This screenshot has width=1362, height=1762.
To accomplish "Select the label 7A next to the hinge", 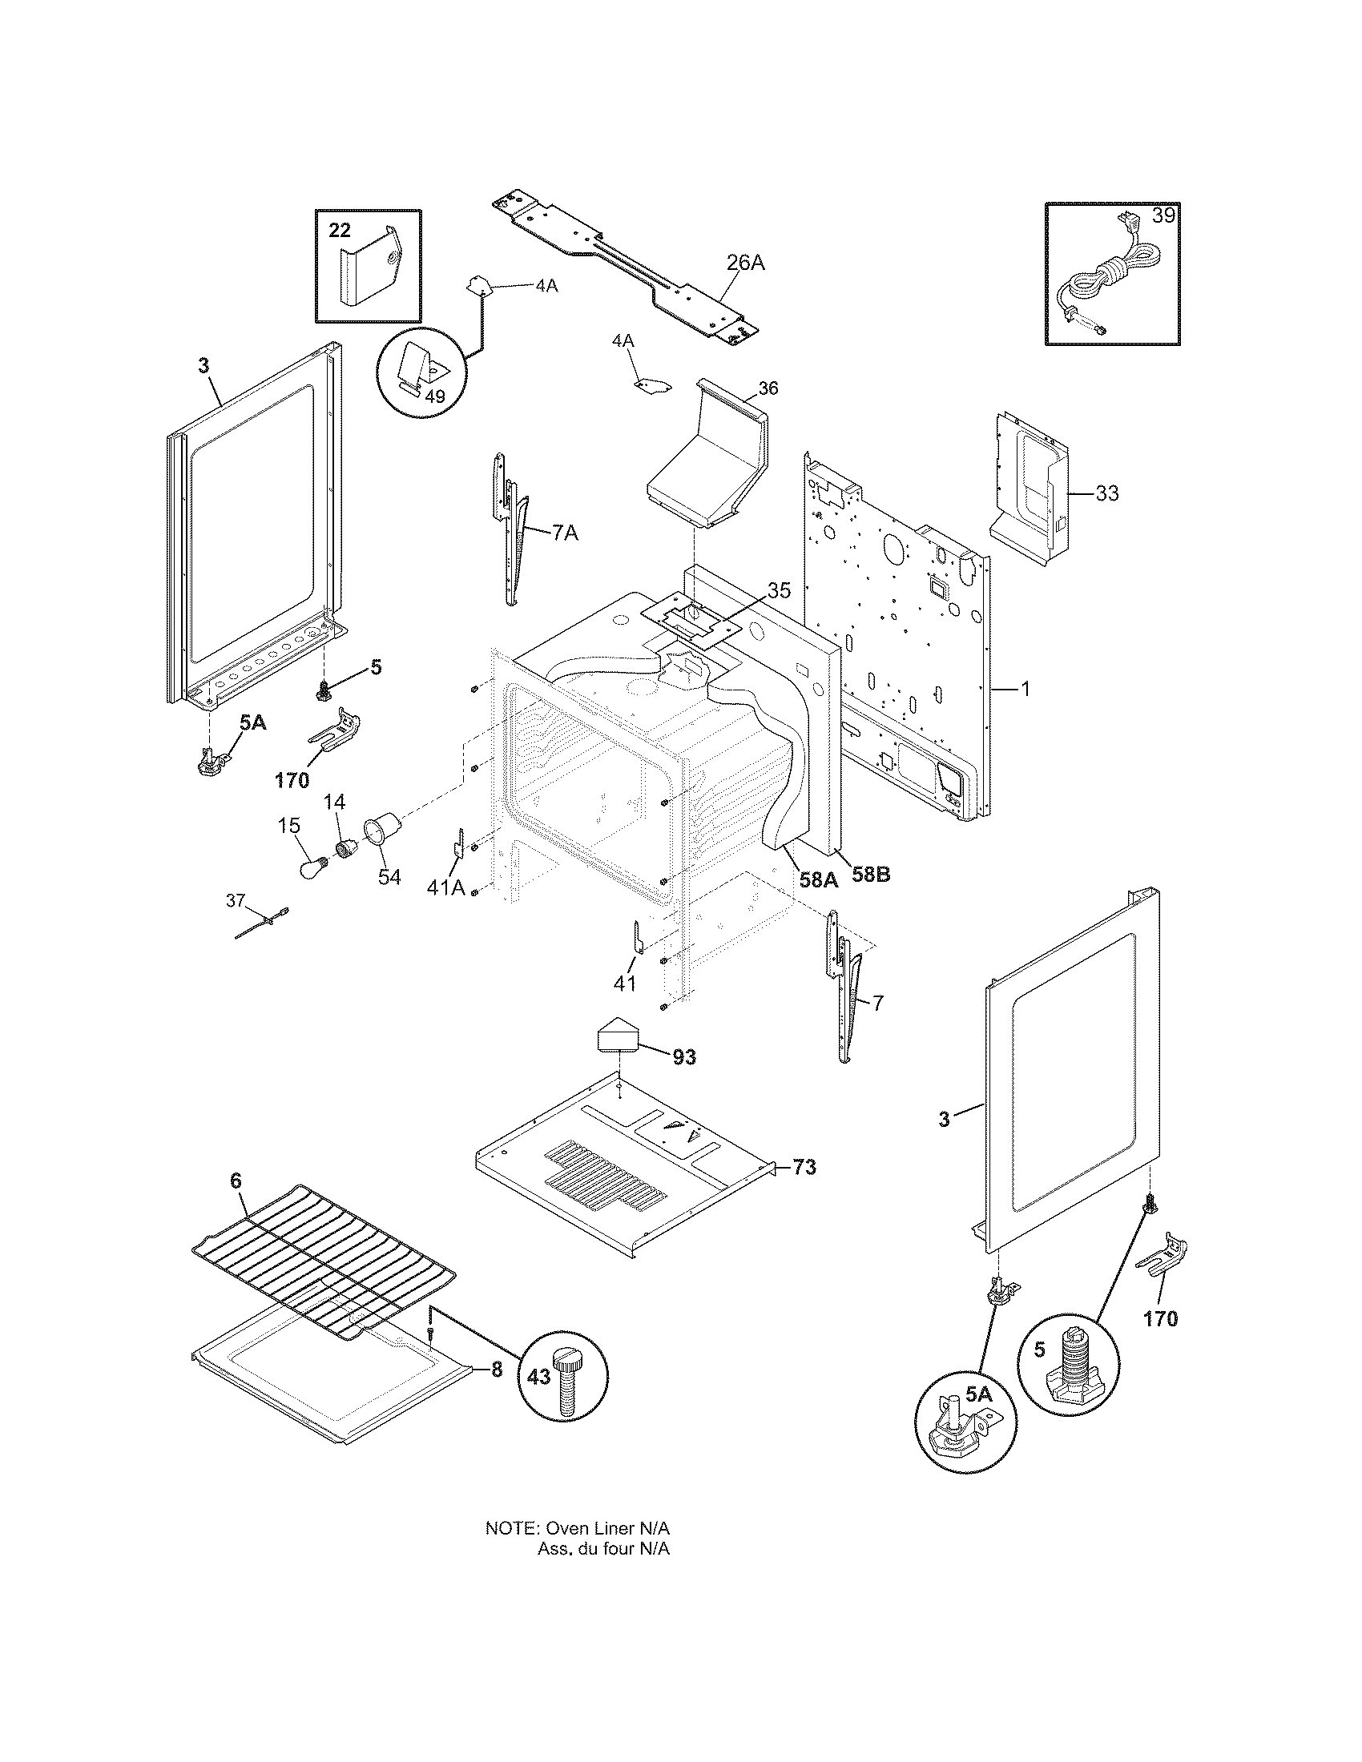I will (x=565, y=533).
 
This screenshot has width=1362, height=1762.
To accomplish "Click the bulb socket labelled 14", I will (x=348, y=849).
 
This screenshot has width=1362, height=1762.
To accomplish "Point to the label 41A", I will (x=446, y=887).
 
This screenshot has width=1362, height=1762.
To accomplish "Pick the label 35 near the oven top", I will (x=779, y=589).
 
